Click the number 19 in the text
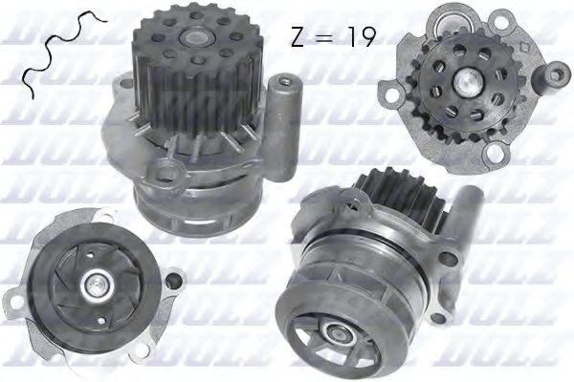click(361, 37)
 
